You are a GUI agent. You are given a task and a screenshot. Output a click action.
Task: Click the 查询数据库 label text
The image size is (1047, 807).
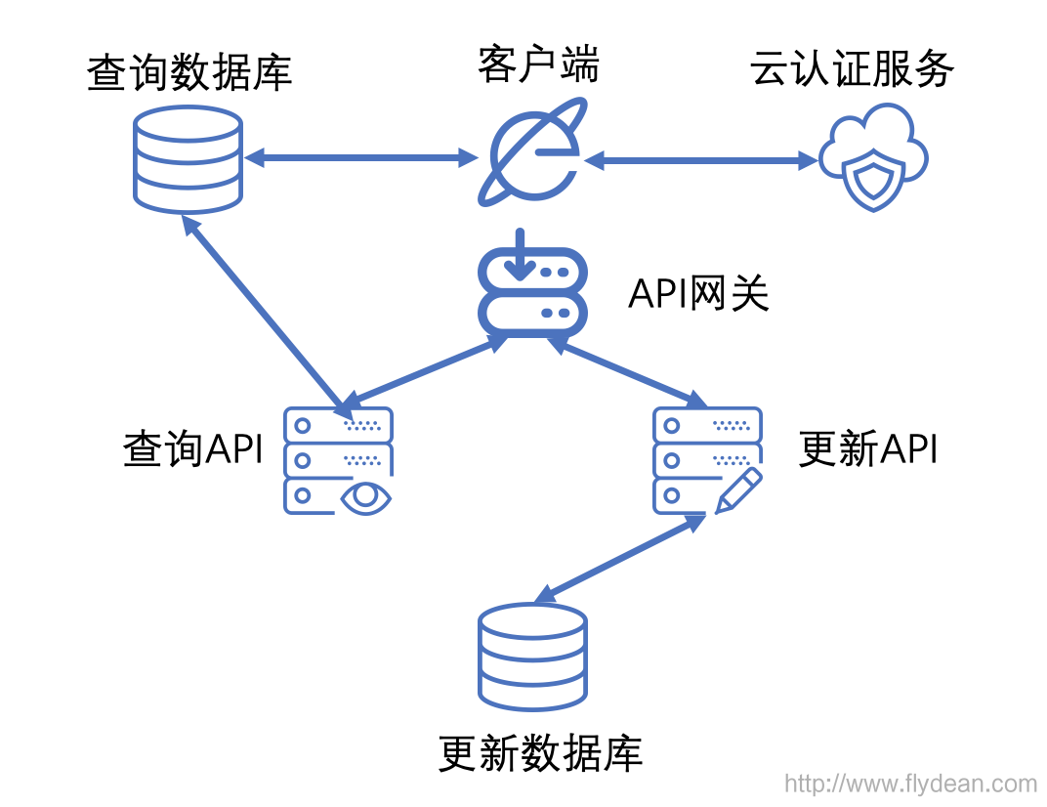tap(189, 72)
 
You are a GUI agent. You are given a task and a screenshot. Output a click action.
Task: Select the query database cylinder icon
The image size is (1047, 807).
tap(188, 159)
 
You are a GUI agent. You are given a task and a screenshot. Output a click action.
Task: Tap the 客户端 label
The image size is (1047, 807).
tap(538, 64)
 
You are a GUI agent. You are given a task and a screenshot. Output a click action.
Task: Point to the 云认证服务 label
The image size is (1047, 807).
tap(852, 68)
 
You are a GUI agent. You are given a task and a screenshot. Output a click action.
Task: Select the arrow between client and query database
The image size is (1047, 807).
tap(361, 158)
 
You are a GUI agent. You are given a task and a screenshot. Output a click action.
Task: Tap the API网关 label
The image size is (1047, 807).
tap(699, 293)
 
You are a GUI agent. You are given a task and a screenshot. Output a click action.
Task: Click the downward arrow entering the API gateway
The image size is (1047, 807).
tap(520, 255)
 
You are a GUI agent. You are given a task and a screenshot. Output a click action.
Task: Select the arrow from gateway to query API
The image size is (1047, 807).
tap(425, 370)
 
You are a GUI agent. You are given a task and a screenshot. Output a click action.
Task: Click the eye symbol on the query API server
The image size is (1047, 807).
tap(365, 497)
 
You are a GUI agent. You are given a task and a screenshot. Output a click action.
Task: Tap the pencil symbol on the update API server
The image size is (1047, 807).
tap(738, 490)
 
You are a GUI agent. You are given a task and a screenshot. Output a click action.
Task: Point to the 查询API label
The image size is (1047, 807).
tap(193, 448)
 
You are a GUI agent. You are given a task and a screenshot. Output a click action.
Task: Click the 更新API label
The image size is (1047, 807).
tap(868, 448)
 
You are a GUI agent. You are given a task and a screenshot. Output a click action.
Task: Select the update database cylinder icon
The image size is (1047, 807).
tap(533, 658)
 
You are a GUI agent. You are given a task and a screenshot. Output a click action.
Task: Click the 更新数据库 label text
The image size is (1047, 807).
tap(540, 753)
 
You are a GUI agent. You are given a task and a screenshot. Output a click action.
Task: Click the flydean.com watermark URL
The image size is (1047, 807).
tap(911, 783)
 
